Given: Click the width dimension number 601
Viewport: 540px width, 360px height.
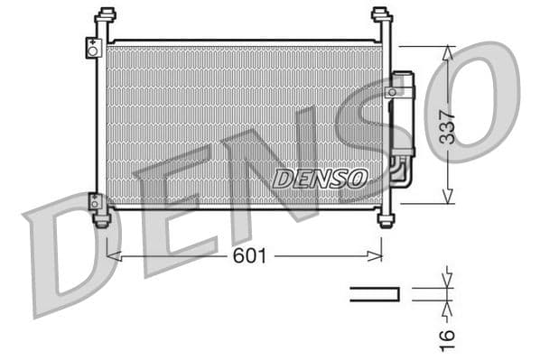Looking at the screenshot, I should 249,256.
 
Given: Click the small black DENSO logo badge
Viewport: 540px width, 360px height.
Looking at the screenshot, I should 320,177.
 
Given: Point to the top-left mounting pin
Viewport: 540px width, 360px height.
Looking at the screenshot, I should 106,16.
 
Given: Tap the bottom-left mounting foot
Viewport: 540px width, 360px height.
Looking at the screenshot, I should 102,217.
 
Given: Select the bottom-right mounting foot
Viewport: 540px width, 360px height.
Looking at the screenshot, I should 386,218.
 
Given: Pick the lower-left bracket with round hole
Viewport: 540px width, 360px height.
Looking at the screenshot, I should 94,201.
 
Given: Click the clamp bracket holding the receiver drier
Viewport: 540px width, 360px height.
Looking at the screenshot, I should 396,91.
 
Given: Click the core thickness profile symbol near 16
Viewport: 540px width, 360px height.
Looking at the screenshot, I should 375,292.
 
